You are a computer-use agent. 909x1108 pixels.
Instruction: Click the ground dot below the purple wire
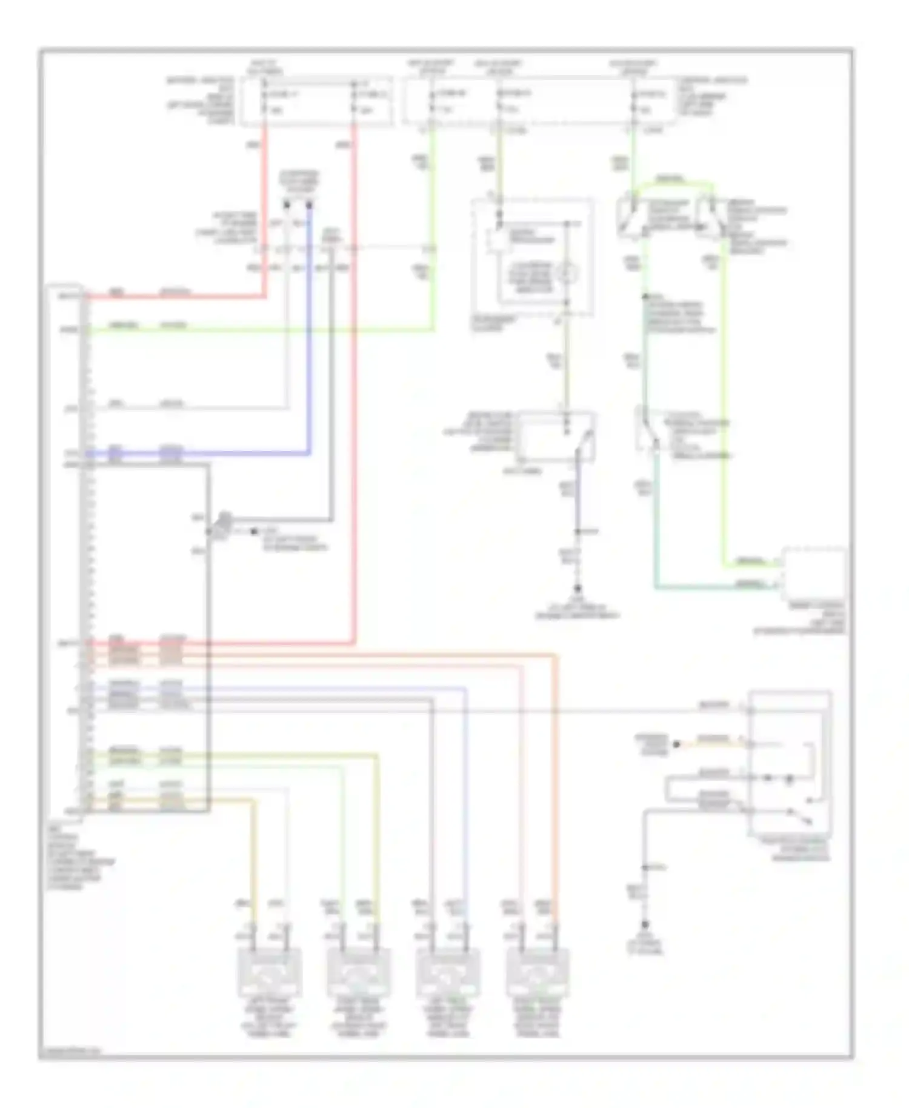click(x=578, y=588)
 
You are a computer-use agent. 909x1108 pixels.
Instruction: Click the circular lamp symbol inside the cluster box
click(x=567, y=273)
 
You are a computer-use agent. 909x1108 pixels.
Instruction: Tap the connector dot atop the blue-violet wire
click(x=310, y=205)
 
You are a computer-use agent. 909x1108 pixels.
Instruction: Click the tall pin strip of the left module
click(x=85, y=552)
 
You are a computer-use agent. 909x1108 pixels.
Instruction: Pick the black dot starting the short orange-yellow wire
click(x=677, y=744)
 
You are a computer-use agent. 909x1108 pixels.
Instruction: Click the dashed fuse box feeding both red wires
click(x=316, y=101)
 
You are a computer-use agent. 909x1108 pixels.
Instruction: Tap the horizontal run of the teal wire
click(x=715, y=587)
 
